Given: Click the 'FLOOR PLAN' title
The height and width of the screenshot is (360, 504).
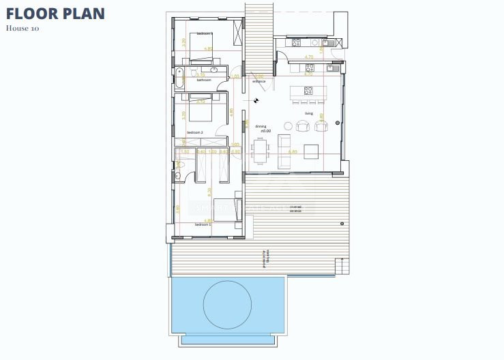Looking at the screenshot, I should coord(56,14).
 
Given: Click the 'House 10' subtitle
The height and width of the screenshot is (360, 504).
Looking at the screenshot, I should coord(24,29).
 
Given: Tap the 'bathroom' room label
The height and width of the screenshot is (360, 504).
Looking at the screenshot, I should coord(204,80).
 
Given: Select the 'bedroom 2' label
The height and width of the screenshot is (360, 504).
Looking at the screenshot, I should coord(196,132).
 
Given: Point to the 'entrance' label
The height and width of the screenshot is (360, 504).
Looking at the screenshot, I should coord(258,81).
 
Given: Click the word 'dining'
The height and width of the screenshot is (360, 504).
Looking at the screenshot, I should coord(261,126).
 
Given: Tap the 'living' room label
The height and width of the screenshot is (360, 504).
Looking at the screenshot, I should coord(308,113).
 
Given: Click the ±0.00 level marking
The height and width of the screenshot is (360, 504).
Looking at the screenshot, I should coord(265,131).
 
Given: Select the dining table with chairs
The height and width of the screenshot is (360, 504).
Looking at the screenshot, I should coord(259,150).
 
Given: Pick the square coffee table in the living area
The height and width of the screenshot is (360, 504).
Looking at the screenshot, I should coord(311,150).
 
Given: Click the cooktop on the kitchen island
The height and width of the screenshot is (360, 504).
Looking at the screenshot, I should coord(308,90).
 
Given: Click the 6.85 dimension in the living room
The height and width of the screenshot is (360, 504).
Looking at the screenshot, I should coord(293,151).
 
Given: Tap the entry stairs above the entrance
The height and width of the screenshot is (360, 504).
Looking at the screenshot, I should coord(258,34).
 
